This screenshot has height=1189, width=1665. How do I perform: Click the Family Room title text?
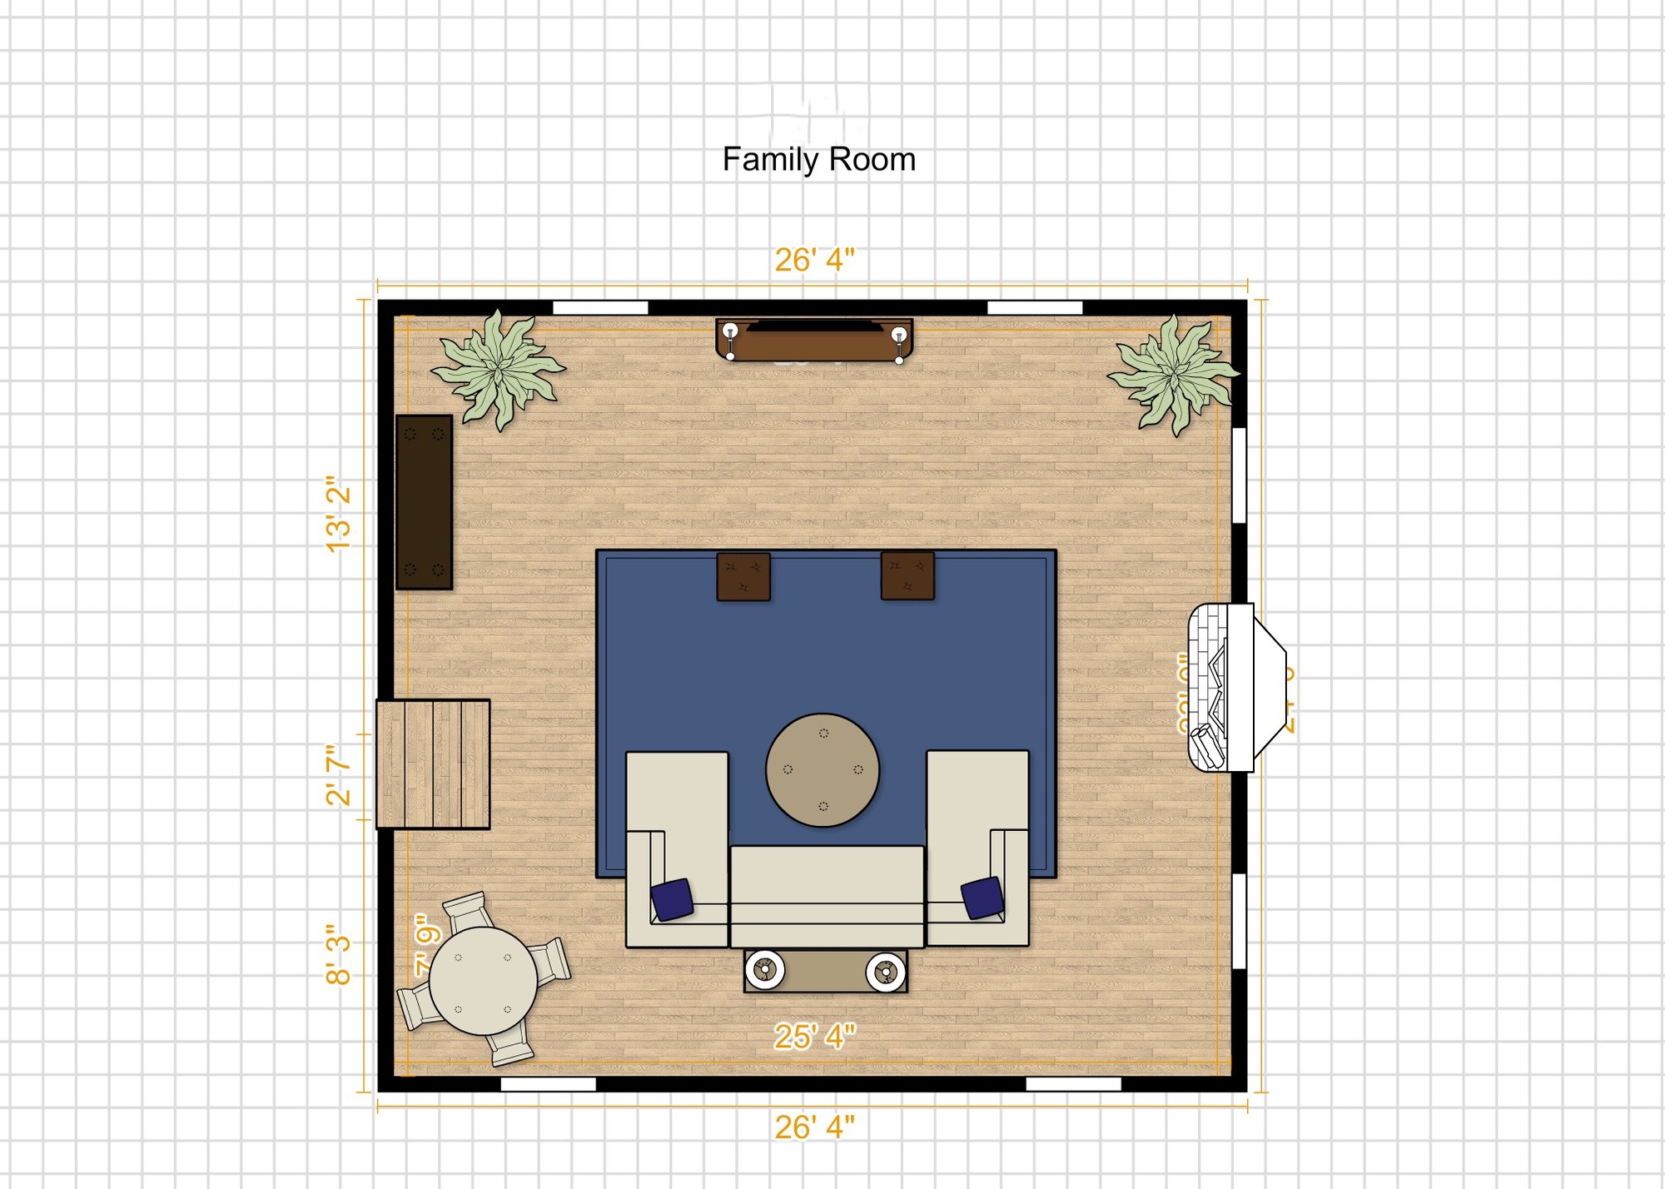[x=818, y=159]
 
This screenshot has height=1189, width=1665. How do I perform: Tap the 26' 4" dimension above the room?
[x=814, y=260]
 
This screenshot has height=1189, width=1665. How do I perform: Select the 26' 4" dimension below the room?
[x=814, y=1127]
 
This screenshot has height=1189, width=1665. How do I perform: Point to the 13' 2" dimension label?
[x=338, y=514]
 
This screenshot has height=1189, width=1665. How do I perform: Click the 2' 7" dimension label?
[x=338, y=775]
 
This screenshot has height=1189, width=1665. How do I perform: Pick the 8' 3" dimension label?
[x=338, y=954]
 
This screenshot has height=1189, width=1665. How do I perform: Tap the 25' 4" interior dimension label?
[x=814, y=1037]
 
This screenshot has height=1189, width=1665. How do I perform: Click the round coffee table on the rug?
[x=823, y=770]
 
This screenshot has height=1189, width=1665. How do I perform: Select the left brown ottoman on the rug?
[x=743, y=576]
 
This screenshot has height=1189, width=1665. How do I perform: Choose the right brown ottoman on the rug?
[x=907, y=575]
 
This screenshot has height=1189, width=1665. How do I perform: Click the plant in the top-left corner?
[x=498, y=369]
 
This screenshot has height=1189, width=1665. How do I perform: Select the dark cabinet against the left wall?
[x=424, y=502]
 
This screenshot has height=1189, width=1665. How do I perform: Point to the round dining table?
[x=483, y=982]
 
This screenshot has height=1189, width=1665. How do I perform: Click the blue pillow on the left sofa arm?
[x=672, y=899]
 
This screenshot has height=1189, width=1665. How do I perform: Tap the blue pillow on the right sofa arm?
[x=982, y=898]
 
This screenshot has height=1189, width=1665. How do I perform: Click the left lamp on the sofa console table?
[x=764, y=970]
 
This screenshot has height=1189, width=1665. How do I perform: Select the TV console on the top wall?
[x=814, y=341]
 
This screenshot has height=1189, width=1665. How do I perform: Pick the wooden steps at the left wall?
[x=433, y=764]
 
